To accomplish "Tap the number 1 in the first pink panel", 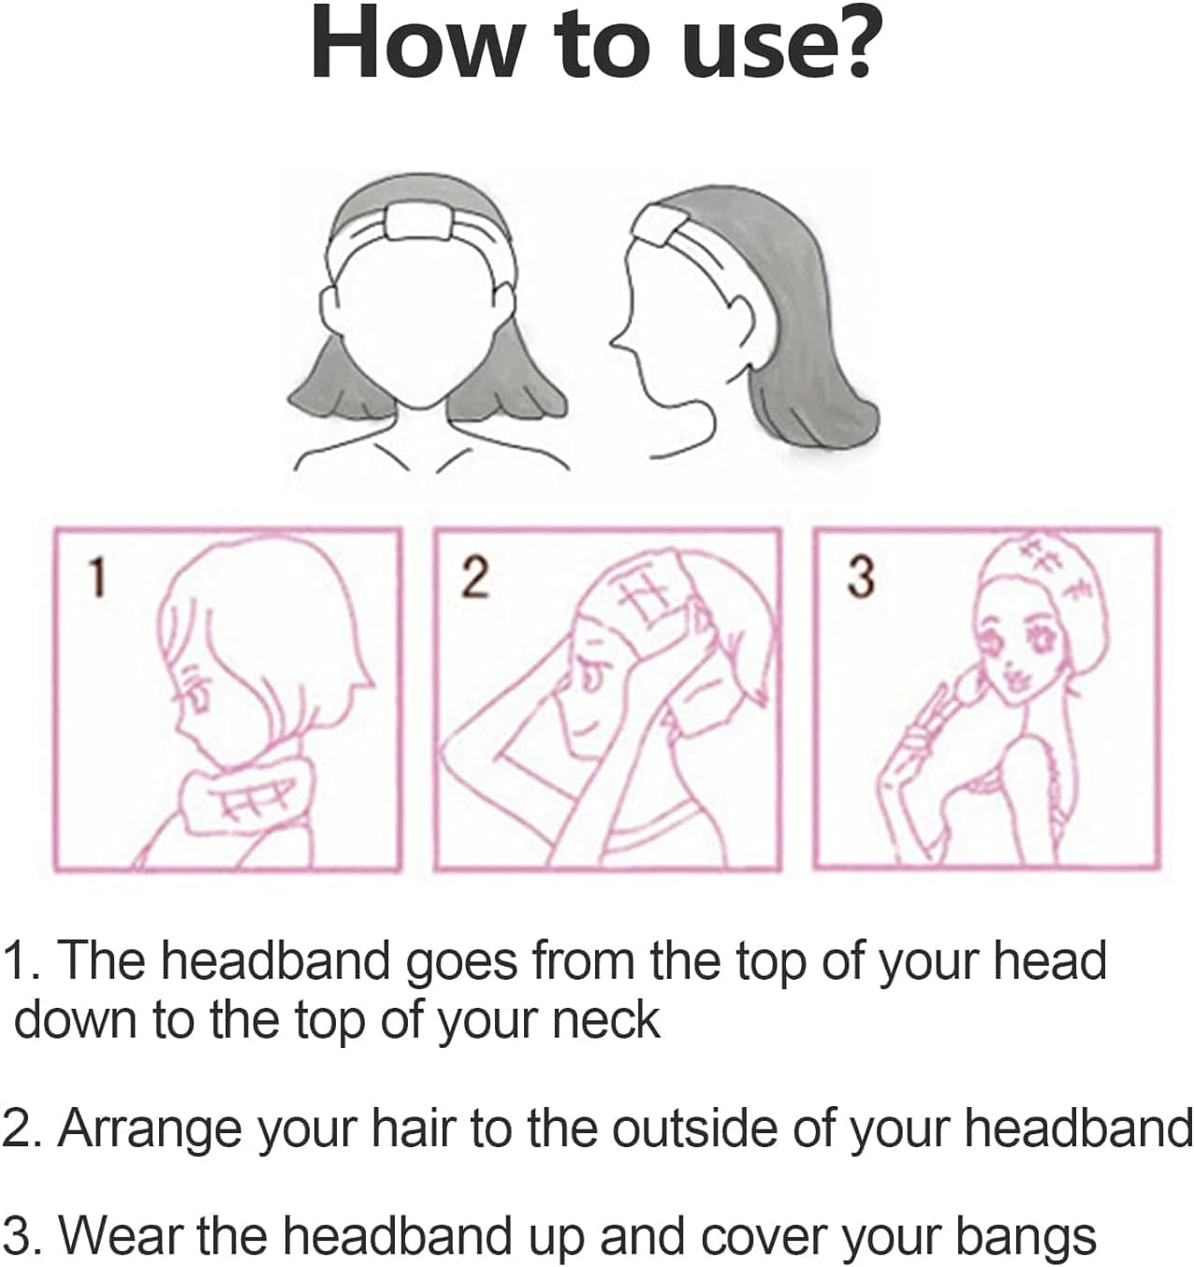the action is tap(97, 577).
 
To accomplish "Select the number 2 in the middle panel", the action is tap(474, 577).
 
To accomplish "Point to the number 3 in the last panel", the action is tap(860, 577).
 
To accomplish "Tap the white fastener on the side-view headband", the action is tap(659, 226).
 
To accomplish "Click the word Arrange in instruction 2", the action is tap(150, 1129).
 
